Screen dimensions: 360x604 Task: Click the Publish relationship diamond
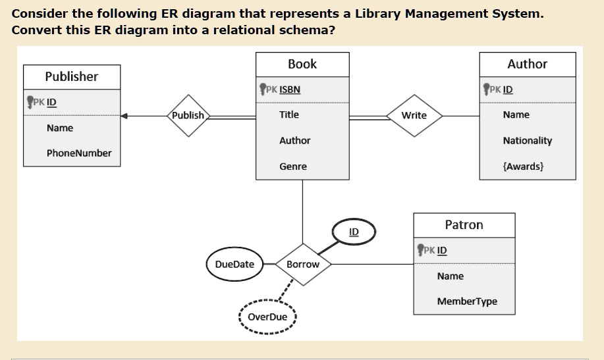188,115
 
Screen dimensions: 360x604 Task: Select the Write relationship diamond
414,115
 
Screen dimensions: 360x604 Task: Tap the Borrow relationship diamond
302,264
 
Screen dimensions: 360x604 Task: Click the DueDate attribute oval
234,264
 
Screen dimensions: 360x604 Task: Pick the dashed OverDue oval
267,317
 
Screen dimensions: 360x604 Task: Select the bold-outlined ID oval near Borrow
354,232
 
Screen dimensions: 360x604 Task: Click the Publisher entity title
72,76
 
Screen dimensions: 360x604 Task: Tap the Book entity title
302,64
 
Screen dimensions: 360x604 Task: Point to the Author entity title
527,64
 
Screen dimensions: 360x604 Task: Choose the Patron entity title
464,225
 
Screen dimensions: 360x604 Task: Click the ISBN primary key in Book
290,90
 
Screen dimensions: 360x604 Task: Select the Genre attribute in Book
293,167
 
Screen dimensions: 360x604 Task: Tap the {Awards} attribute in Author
523,167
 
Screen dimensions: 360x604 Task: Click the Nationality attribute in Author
527,141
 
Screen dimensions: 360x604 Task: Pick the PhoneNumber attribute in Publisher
79,153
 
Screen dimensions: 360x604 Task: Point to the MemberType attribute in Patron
467,301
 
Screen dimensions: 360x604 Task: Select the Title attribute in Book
289,115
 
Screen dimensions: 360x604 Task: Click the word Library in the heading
380,14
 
